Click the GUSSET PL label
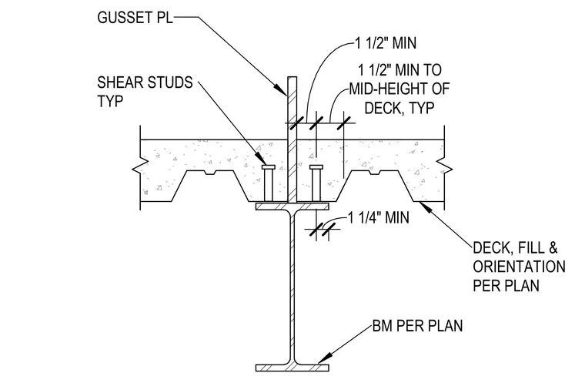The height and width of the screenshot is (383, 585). [135, 17]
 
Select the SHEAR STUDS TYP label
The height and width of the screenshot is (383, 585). [145, 92]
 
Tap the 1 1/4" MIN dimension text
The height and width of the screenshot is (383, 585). [378, 217]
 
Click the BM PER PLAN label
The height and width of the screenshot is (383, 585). [417, 325]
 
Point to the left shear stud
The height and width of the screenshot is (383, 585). [269, 183]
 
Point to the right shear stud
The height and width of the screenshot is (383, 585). [316, 183]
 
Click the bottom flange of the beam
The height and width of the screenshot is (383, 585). [292, 368]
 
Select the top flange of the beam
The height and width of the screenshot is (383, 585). [292, 206]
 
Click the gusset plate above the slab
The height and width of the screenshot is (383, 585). [292, 109]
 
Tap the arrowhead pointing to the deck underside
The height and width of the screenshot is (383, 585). [427, 207]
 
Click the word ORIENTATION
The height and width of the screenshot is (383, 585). [519, 267]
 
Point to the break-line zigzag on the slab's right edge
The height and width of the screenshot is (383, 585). [444, 167]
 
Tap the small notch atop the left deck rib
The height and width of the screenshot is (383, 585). [211, 173]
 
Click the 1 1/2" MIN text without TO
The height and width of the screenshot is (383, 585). [386, 43]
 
